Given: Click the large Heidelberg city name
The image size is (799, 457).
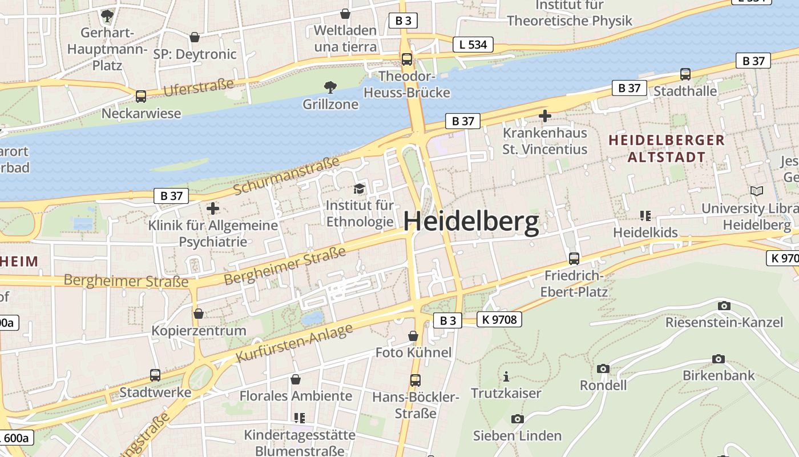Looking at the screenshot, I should pyautogui.click(x=471, y=222).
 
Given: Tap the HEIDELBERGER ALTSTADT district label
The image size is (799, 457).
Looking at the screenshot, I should pyautogui.click(x=666, y=149).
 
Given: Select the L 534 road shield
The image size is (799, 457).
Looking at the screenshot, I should pyautogui.click(x=473, y=45).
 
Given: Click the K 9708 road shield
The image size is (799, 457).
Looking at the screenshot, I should pyautogui.click(x=499, y=320).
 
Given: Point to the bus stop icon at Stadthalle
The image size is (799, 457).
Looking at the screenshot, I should pyautogui.click(x=685, y=74).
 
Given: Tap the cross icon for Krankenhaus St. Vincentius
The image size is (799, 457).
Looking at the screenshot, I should pyautogui.click(x=544, y=116).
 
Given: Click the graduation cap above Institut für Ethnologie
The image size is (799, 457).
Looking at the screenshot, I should pyautogui.click(x=359, y=189).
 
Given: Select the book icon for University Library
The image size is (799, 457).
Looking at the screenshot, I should pyautogui.click(x=757, y=191).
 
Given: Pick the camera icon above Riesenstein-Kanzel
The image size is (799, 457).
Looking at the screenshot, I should pyautogui.click(x=724, y=306).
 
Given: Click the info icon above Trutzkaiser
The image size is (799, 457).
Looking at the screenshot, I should pyautogui.click(x=506, y=376).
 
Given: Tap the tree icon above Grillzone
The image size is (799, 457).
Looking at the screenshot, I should pyautogui.click(x=330, y=87).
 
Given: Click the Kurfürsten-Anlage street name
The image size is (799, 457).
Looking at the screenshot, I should pyautogui.click(x=294, y=343).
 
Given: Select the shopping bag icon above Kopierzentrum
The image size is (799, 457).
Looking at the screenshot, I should pyautogui.click(x=199, y=314).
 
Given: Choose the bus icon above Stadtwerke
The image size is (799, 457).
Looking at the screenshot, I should pyautogui.click(x=155, y=375).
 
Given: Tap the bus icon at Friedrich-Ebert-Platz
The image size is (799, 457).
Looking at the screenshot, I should pyautogui.click(x=574, y=258).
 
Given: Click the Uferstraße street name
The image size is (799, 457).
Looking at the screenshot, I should pyautogui.click(x=199, y=87).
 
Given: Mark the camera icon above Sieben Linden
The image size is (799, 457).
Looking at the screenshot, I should pyautogui.click(x=517, y=419).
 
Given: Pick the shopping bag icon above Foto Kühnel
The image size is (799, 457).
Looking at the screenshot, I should pyautogui.click(x=413, y=336).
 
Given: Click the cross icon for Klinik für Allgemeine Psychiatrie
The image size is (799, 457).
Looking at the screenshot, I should pyautogui.click(x=212, y=209).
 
